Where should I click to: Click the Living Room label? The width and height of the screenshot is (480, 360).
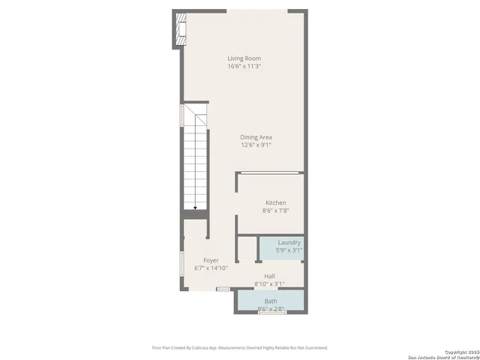pyautogui.click(x=244, y=58)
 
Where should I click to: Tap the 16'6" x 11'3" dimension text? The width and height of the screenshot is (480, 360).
pyautogui.click(x=244, y=66)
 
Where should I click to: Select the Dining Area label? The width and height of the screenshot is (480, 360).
pyautogui.click(x=256, y=137)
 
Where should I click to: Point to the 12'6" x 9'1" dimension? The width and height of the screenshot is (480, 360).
pyautogui.click(x=256, y=145)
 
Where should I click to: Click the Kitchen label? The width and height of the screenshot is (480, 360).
pyautogui.click(x=275, y=202)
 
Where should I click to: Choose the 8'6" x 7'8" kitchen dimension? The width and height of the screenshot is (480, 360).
pyautogui.click(x=275, y=211)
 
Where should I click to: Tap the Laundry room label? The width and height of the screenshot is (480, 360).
pyautogui.click(x=289, y=242)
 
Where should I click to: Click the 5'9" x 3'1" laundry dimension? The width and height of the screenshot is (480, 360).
pyautogui.click(x=289, y=250)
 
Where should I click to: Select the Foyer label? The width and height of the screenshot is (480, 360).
pyautogui.click(x=211, y=260)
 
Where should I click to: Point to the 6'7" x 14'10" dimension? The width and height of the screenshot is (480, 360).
pyautogui.click(x=211, y=268)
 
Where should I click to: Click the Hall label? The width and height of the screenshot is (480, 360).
pyautogui.click(x=269, y=276)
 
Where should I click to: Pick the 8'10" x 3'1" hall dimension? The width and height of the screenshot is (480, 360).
pyautogui.click(x=269, y=284)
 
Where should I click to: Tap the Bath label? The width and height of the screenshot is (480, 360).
pyautogui.click(x=270, y=301)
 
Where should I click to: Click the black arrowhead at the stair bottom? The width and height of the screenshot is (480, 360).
pyautogui.click(x=195, y=208)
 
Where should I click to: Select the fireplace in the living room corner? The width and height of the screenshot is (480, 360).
pyautogui.click(x=179, y=29)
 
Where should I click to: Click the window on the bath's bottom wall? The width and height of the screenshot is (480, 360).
pyautogui.click(x=271, y=312)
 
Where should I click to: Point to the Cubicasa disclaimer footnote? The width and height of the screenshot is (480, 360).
pyautogui.click(x=240, y=347)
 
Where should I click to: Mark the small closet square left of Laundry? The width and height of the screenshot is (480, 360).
pyautogui.click(x=247, y=249)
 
